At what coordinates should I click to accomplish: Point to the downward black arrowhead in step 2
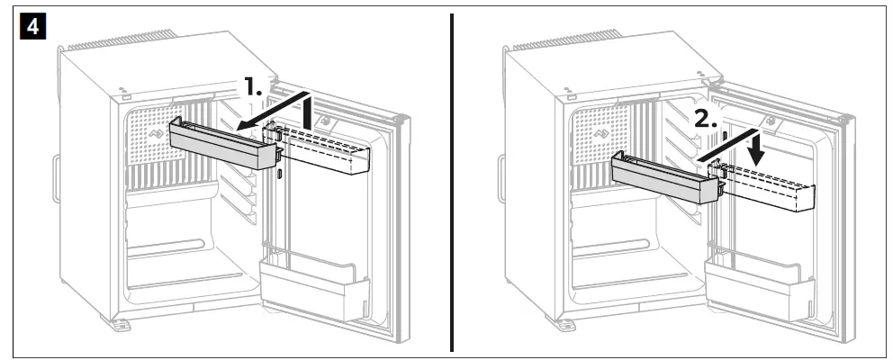[x=757, y=151]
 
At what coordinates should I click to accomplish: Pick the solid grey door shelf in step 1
[x=223, y=143]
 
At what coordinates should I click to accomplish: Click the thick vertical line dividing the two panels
[x=451, y=180]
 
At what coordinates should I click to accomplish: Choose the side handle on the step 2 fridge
[x=501, y=175]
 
